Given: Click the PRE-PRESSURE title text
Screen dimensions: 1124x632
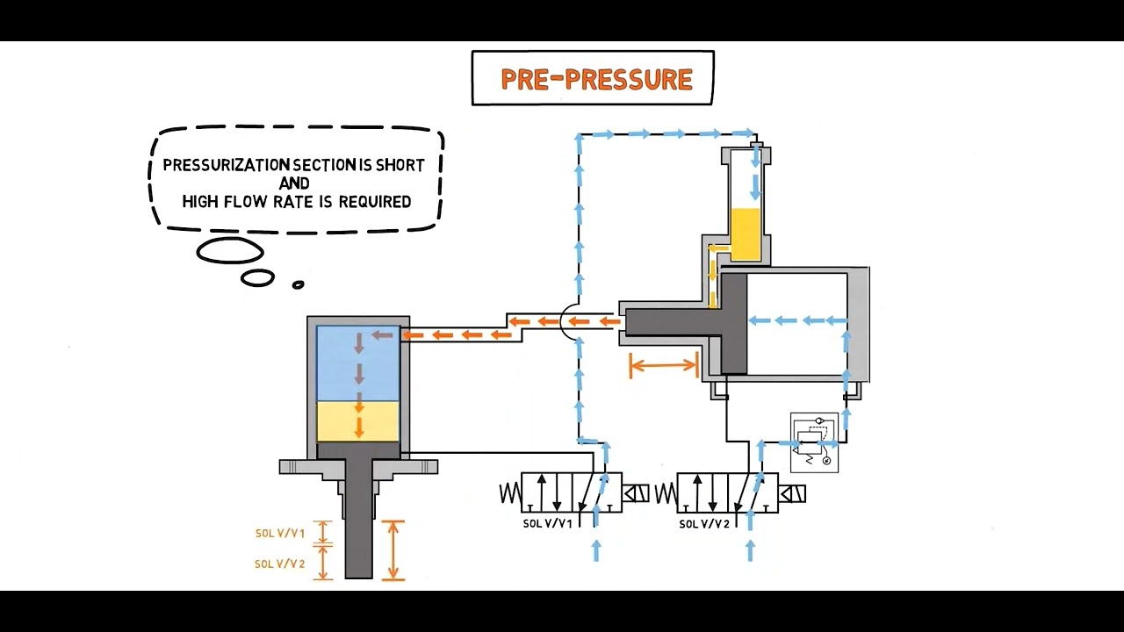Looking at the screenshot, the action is pyautogui.click(x=596, y=79).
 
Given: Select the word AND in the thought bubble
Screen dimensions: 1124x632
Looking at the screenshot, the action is pyautogui.click(x=294, y=183).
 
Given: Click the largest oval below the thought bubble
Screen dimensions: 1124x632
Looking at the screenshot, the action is pyautogui.click(x=230, y=250).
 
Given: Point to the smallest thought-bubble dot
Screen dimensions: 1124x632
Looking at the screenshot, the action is pyautogui.click(x=298, y=285).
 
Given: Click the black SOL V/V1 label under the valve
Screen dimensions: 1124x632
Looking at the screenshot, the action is pyautogui.click(x=547, y=524).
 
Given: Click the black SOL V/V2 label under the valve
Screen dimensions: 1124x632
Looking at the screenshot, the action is pyautogui.click(x=704, y=524).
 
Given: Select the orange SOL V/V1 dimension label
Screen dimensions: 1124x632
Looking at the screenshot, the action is pyautogui.click(x=280, y=533).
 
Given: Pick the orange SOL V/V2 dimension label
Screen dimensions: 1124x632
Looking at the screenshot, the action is pyautogui.click(x=280, y=564).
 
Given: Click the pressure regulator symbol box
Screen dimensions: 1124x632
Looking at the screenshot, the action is pyautogui.click(x=814, y=442).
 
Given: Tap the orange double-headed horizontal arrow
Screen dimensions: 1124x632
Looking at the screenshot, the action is pyautogui.click(x=663, y=364).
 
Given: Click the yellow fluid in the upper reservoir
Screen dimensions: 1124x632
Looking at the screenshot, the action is pyautogui.click(x=746, y=234).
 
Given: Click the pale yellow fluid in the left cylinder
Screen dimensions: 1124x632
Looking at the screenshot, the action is pyautogui.click(x=357, y=421).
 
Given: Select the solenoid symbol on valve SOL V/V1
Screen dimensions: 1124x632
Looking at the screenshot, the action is pyautogui.click(x=636, y=493).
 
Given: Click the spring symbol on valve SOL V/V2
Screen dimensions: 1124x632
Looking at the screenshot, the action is pyautogui.click(x=666, y=493).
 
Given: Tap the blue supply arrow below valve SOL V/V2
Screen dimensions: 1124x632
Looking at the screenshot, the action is pyautogui.click(x=751, y=550).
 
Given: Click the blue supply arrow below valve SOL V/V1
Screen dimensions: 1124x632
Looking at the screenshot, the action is pyautogui.click(x=596, y=550).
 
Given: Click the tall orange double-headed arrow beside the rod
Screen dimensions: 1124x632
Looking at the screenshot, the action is pyautogui.click(x=393, y=550).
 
